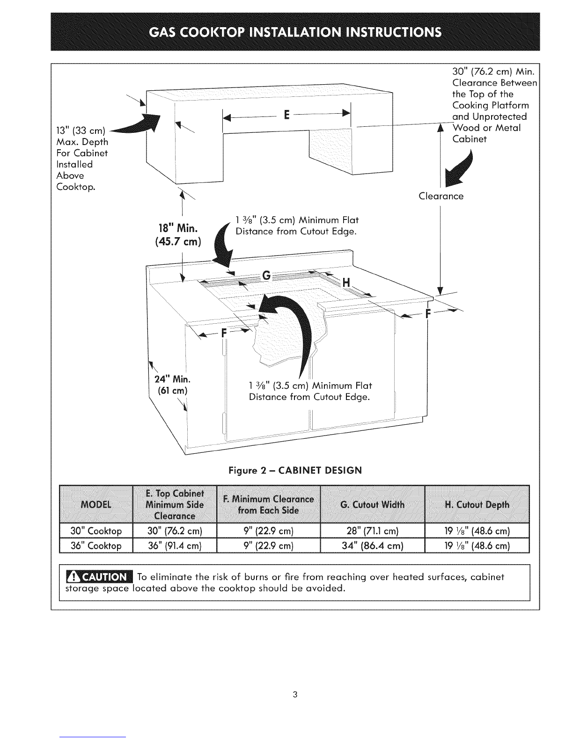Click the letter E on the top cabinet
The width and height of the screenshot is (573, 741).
point(286,115)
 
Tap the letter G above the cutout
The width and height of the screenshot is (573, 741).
point(266,275)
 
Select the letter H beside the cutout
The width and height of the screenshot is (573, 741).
point(346,283)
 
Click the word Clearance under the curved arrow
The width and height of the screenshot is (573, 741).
point(441,196)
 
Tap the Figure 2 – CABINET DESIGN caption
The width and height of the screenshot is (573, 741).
point(295,471)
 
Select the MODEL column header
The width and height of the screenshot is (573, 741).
point(96,504)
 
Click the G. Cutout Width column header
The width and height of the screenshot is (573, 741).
point(372,504)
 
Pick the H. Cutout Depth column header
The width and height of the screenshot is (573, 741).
point(477,504)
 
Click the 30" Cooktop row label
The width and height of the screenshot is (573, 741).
point(96,531)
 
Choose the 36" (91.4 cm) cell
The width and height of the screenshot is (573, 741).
point(175,545)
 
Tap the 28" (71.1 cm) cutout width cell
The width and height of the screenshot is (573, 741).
point(372,531)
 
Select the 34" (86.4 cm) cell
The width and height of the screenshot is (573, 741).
point(372,545)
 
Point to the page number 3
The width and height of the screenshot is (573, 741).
point(295,694)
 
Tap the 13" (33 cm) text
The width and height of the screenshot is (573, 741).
point(81,131)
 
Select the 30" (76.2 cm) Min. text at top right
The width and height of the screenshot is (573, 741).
point(493,72)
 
